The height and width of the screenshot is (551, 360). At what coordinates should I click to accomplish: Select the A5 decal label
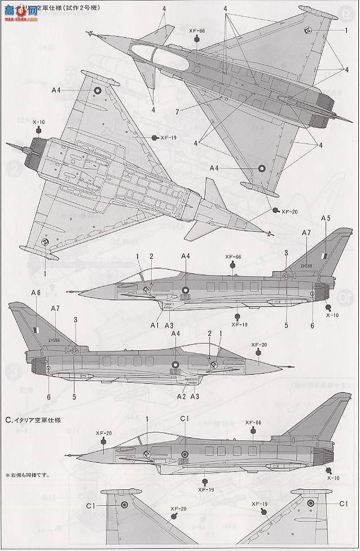pos(326,218)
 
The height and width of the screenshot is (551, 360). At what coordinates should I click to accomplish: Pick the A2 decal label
pos(181,397)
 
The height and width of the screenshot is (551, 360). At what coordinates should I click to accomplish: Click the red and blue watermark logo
pos(20,10)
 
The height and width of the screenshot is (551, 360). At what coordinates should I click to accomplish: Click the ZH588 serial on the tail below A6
pos(54,340)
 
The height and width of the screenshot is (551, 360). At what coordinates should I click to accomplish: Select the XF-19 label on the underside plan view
pos(168,138)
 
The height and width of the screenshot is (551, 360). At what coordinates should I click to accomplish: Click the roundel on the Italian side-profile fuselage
pos(185,454)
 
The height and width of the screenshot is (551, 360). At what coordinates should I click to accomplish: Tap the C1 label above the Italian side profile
pos(184,418)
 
